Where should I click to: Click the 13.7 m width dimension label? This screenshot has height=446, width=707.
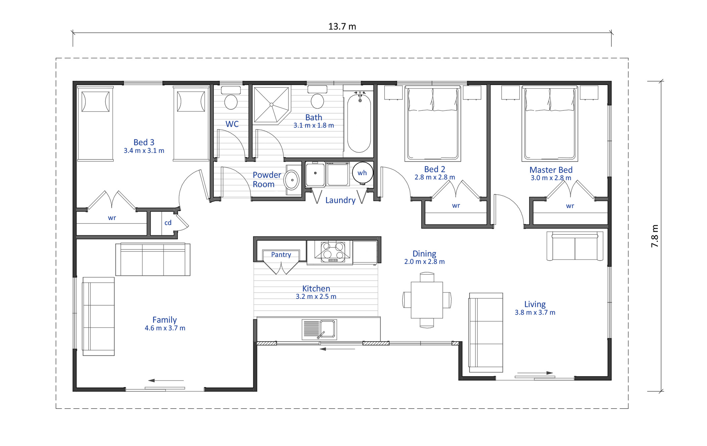pyautogui.click(x=342, y=27)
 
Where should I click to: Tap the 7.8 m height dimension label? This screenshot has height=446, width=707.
pyautogui.click(x=654, y=236)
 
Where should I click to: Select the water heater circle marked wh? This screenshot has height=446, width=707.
pyautogui.click(x=362, y=173)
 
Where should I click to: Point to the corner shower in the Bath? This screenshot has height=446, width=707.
pyautogui.click(x=271, y=105)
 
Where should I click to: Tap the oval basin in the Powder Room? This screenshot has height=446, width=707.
pyautogui.click(x=292, y=180)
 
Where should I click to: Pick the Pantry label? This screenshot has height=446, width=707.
pyautogui.click(x=281, y=255)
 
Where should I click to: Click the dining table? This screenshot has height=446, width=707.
pyautogui.click(x=427, y=300)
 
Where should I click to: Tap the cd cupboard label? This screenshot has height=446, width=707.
pyautogui.click(x=168, y=223)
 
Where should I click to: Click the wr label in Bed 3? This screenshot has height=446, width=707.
pyautogui.click(x=112, y=218)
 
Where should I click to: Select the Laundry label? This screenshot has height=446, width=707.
pyautogui.click(x=340, y=200)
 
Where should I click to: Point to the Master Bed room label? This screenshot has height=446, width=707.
pyautogui.click(x=551, y=170)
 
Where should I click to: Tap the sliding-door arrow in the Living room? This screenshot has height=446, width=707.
pyautogui.click(x=535, y=373)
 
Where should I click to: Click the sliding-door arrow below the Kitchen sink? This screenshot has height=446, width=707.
pyautogui.click(x=337, y=349)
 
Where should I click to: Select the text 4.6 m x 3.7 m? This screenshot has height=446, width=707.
pyautogui.click(x=165, y=328)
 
